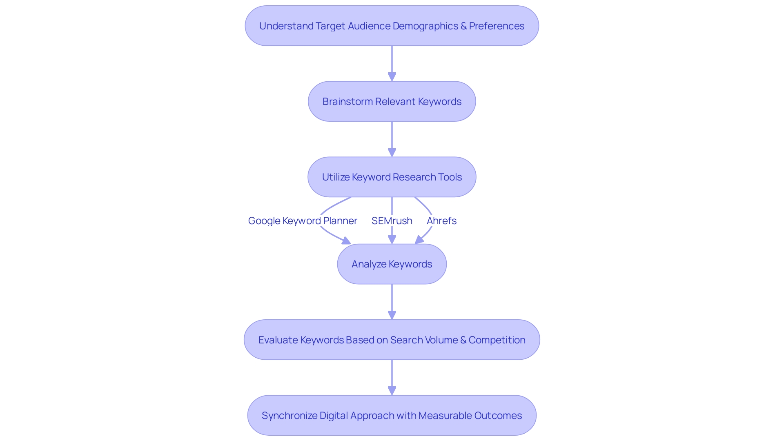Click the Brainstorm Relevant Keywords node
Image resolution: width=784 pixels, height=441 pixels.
[x=392, y=101]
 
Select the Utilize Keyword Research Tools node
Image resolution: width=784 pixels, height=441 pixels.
[x=392, y=177]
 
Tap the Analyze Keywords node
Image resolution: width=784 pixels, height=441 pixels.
[x=392, y=264]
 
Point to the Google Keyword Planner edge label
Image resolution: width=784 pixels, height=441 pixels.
[x=303, y=221]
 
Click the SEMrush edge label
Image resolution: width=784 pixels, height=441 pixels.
[x=392, y=221]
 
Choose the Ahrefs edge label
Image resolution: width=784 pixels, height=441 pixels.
[x=441, y=221]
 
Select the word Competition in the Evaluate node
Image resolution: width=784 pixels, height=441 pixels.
[x=497, y=340]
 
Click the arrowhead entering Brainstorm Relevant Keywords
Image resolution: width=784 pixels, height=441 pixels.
[x=392, y=77]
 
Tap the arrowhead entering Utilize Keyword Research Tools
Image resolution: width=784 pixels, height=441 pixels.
[x=392, y=152]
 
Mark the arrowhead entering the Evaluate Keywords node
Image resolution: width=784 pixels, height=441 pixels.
[x=392, y=315]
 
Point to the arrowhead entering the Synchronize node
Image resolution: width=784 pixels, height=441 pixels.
[x=392, y=391]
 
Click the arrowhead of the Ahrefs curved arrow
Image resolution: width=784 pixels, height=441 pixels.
[x=419, y=240]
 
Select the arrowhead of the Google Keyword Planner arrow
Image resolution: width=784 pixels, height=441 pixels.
[x=346, y=241]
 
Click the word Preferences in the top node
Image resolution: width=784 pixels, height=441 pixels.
[x=497, y=26]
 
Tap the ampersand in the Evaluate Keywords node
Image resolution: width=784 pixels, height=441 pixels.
[x=463, y=340]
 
